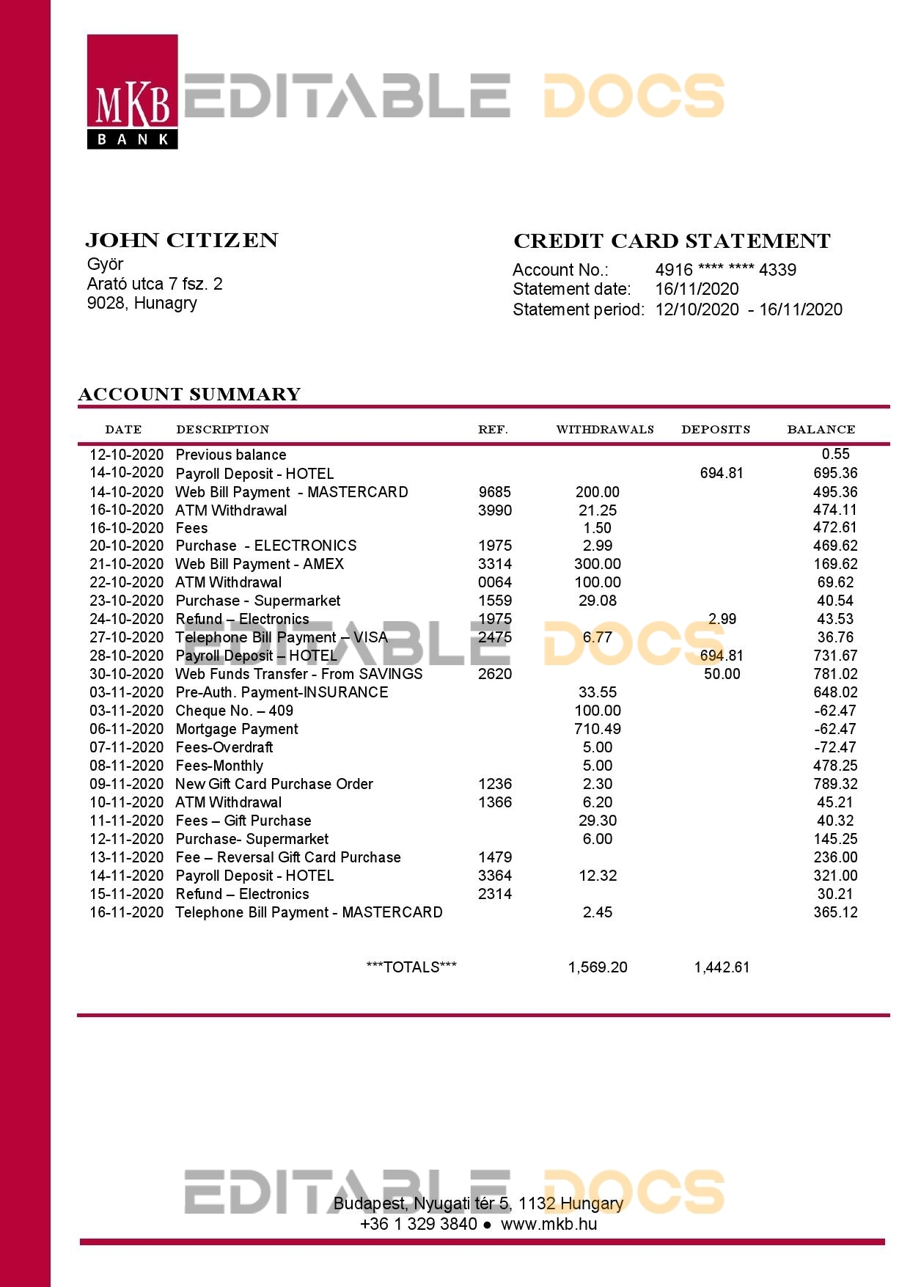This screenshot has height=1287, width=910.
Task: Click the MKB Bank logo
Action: click(132, 92)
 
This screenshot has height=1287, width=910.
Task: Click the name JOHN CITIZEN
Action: click(182, 241)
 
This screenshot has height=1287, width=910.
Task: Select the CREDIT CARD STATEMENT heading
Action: click(672, 241)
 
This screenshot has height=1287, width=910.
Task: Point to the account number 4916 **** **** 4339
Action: click(725, 270)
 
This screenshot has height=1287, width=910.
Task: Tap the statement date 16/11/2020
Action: click(697, 289)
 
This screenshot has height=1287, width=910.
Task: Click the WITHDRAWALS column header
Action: click(605, 430)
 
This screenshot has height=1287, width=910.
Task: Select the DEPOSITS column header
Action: click(716, 430)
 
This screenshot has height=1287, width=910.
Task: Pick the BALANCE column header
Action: click(821, 430)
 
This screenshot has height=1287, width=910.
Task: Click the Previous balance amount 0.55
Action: click(835, 454)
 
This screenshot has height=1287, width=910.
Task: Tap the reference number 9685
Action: click(494, 492)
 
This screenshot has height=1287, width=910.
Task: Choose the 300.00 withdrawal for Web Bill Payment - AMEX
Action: click(597, 564)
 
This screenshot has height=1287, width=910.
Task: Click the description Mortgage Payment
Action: click(237, 729)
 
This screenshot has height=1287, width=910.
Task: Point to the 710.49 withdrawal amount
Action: click(597, 729)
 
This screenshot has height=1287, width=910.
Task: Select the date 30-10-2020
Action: click(126, 674)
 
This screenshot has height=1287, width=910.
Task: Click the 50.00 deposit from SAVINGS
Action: click(722, 674)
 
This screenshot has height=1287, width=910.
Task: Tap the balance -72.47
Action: click(835, 747)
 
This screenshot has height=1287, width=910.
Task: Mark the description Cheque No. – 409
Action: click(234, 711)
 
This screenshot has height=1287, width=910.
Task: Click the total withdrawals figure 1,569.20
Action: click(597, 967)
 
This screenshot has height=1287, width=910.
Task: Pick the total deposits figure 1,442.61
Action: click(722, 967)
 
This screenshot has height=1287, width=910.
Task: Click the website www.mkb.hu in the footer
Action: click(548, 1224)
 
